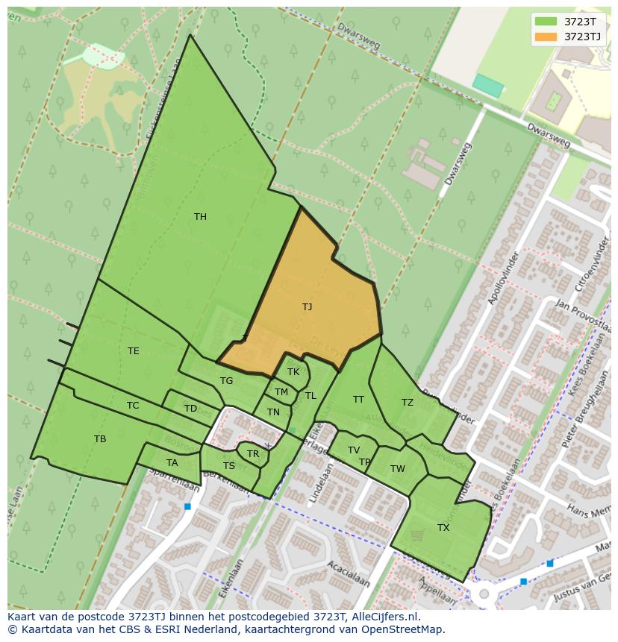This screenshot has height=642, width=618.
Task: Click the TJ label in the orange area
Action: (307, 306)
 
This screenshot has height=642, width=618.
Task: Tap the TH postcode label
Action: (200, 217)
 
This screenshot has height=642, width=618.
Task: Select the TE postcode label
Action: (133, 351)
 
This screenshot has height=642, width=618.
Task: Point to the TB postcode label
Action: (100, 439)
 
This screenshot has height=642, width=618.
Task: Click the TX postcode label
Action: (443, 528)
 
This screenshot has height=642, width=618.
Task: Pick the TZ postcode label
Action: (407, 403)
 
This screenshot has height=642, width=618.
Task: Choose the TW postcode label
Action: (398, 469)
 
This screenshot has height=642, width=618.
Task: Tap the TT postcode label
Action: (358, 400)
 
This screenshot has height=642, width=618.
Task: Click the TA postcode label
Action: (172, 463)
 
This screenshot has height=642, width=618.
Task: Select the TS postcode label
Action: (229, 466)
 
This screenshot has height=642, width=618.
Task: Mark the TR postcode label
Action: (253, 454)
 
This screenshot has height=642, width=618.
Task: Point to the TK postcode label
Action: (293, 372)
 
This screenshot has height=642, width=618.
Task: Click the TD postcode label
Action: (190, 409)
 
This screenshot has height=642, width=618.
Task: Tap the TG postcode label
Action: (226, 381)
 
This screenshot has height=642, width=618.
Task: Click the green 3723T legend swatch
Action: (546, 21)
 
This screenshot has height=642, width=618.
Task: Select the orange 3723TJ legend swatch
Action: (546, 37)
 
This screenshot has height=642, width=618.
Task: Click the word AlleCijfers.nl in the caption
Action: (383, 617)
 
